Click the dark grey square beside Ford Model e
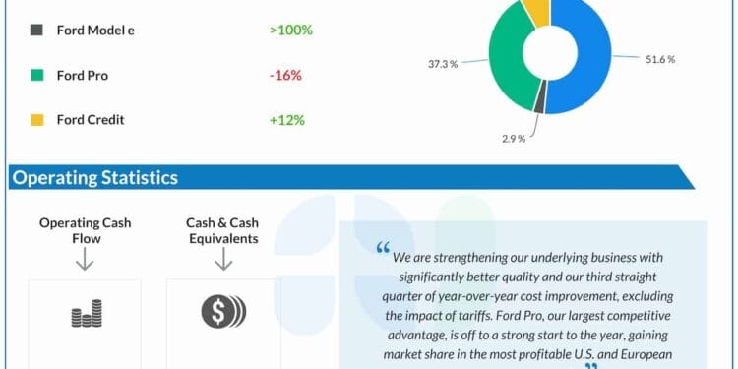coord(36,30)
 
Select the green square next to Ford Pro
coord(36,75)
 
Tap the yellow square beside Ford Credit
coord(36,120)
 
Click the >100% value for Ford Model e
coord(290,30)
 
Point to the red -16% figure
coord(286,75)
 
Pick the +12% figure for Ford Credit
coord(286,120)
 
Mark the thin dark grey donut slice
coord(539,97)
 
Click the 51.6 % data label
coord(659,60)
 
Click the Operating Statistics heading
coord(95,178)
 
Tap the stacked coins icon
coord(85,316)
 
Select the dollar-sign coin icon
coord(222,312)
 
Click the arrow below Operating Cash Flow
coord(85,259)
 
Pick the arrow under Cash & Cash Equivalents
coord(222,259)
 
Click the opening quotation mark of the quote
coord(383,251)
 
